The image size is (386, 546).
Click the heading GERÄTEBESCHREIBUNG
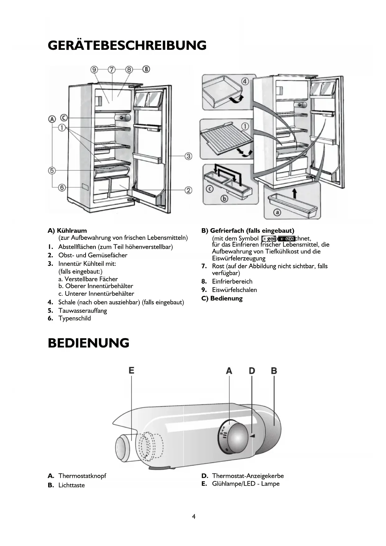(127, 45)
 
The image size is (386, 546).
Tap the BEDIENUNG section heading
(88, 343)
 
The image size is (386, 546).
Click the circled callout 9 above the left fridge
(94, 69)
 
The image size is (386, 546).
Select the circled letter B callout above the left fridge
(146, 69)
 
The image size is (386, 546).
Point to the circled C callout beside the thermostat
(64, 118)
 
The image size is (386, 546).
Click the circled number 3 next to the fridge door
(188, 156)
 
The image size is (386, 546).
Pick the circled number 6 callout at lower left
(62, 187)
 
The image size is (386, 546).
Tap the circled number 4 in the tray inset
(245, 82)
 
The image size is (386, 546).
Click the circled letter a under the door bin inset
(277, 212)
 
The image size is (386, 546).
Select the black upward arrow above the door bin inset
(295, 193)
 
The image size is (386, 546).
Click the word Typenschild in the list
(75, 318)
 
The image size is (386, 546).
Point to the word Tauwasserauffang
(82, 310)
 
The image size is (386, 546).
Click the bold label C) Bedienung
(222, 298)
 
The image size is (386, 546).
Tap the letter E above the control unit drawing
(131, 370)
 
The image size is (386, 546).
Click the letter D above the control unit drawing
(252, 371)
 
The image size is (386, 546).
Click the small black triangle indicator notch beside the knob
(253, 436)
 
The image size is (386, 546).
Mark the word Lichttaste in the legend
(72, 485)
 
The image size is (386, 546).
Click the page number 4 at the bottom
(194, 517)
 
